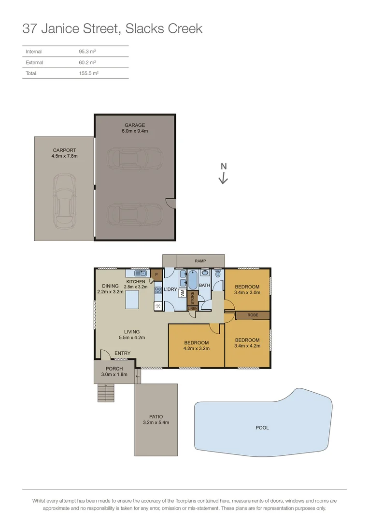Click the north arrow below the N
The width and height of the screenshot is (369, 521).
pos(223,178)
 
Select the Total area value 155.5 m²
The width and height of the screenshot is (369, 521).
pos(88,73)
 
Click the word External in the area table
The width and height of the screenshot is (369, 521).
pos(34,63)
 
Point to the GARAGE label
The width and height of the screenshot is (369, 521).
pos(135,125)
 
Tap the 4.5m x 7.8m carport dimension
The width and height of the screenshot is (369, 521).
pos(64,156)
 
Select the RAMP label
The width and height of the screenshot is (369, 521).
pos(200,261)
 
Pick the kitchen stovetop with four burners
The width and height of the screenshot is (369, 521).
pos(158,290)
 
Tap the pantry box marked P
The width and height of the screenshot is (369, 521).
pos(156,274)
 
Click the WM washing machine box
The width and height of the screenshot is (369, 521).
pos(182,292)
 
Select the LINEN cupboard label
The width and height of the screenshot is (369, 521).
pos(192,308)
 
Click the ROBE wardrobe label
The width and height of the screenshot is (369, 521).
pos(253,315)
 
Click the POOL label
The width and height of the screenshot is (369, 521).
pos(262,428)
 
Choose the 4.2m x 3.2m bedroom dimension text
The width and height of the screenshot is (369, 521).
pos(196,348)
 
